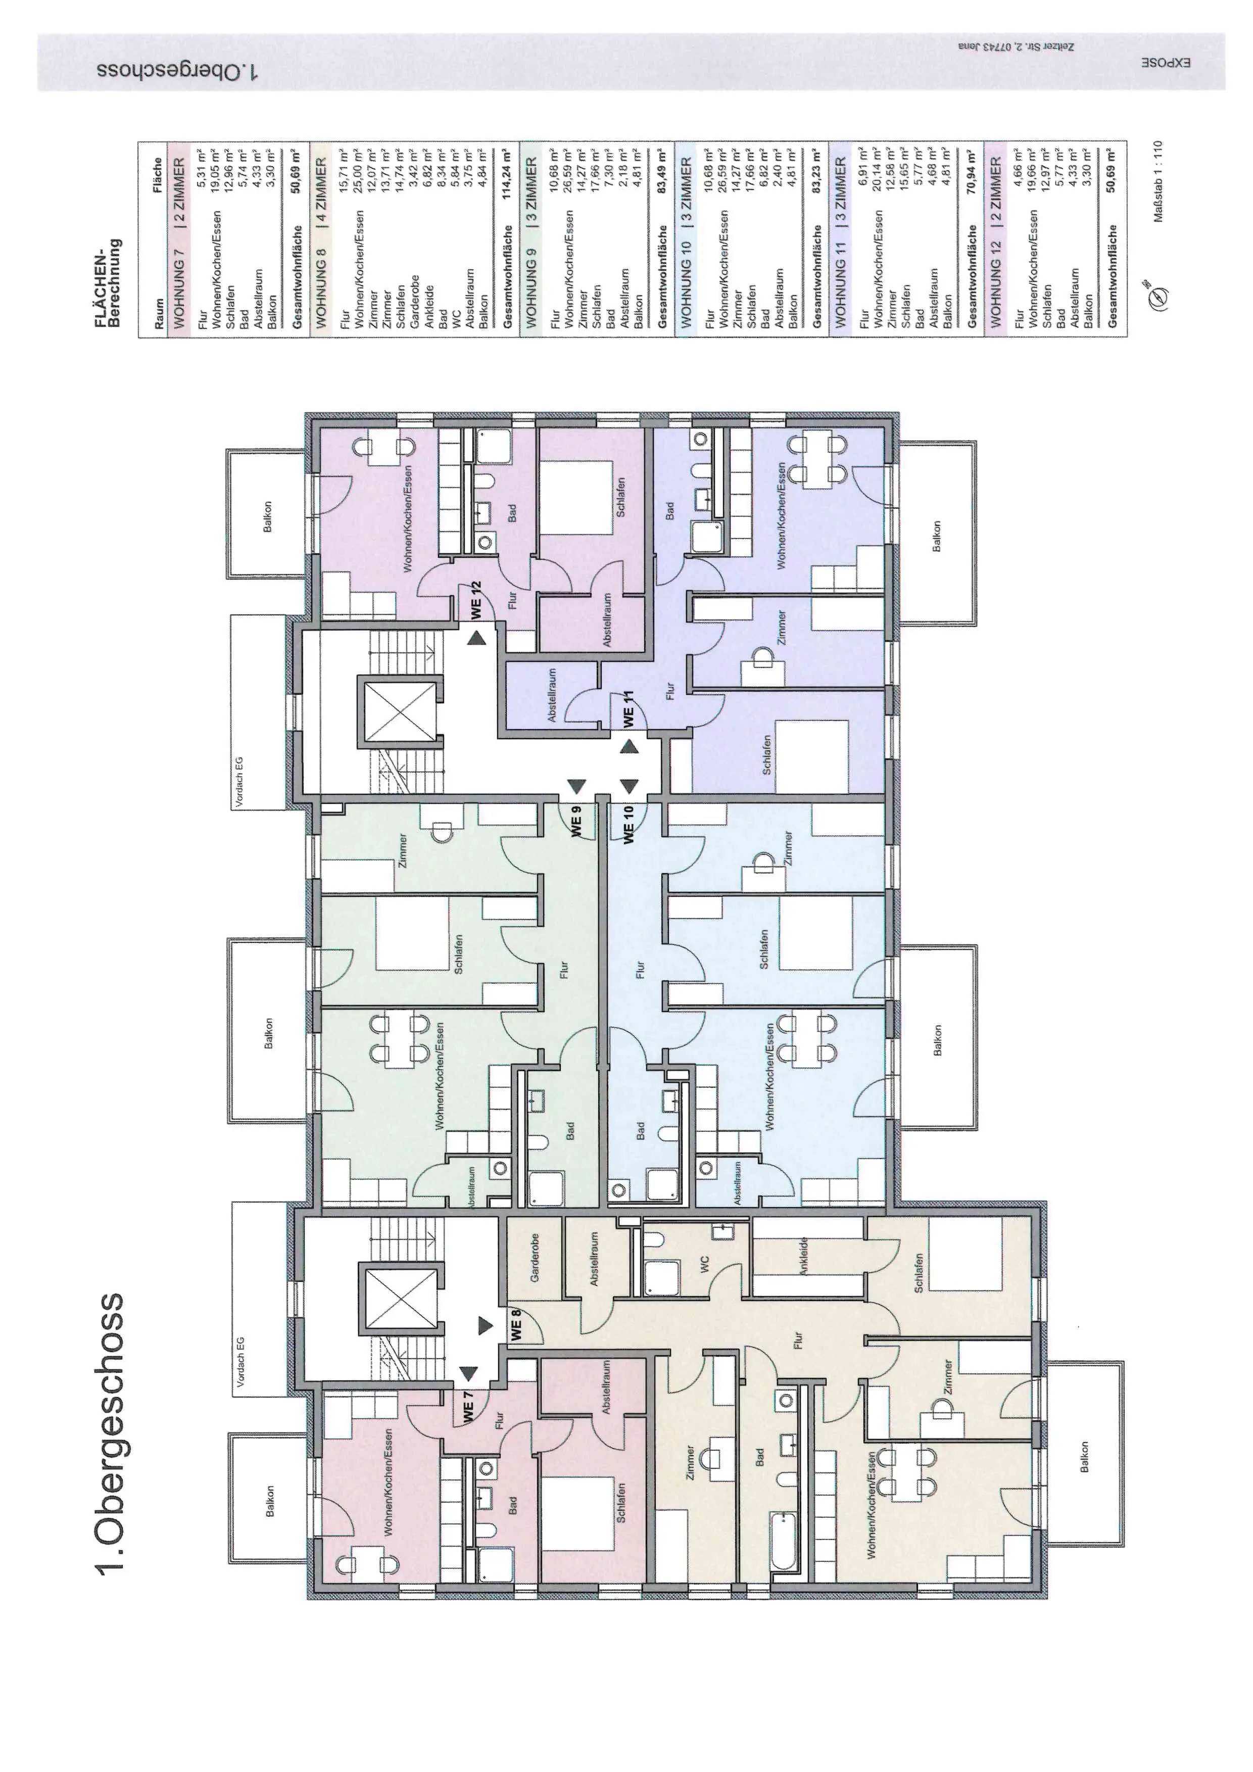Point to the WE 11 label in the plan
[629, 708]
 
